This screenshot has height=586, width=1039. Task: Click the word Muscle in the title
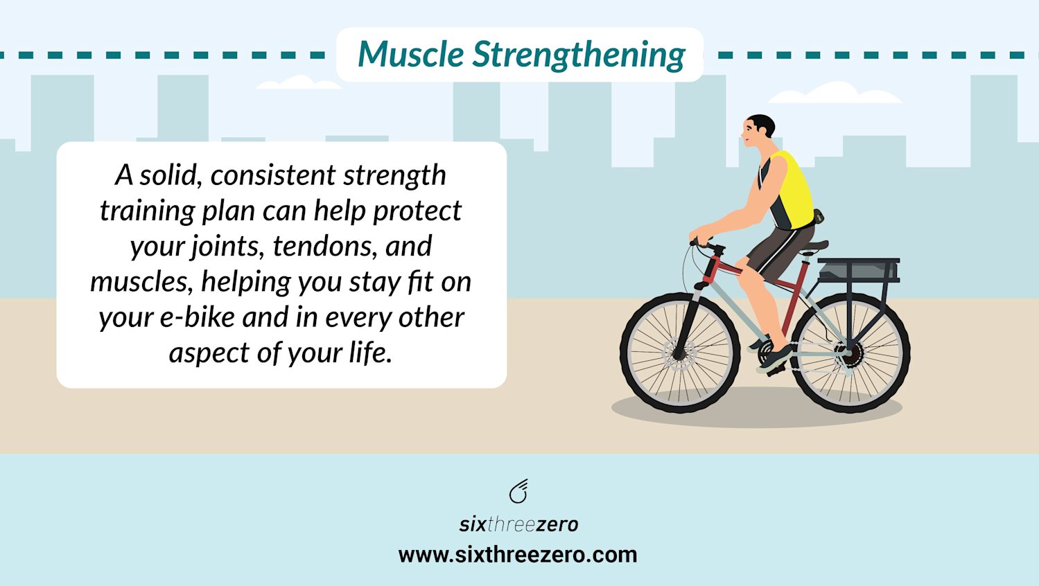410,54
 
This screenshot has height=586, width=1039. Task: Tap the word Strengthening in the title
579,55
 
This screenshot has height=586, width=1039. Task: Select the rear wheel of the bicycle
850,353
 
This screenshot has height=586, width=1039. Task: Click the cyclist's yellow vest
794,187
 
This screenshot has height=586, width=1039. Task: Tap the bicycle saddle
814,246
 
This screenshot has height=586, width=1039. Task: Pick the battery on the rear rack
858,270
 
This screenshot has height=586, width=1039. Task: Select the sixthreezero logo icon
518,491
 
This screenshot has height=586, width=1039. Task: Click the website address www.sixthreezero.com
518,555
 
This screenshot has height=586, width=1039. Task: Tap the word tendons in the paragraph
322,246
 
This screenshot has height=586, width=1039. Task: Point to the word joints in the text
228,247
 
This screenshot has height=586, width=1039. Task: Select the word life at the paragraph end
370,353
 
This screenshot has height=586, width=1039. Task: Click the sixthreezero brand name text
518,524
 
